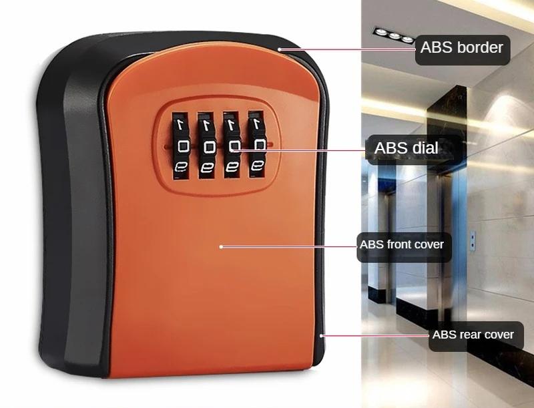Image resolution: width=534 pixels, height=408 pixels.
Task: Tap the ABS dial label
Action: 407,148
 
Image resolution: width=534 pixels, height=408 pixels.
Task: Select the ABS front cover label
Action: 401,244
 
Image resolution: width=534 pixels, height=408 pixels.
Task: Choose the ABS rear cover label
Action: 473,334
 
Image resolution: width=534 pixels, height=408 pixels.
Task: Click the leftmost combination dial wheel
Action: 181,146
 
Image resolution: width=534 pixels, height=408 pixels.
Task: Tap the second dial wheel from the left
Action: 208,146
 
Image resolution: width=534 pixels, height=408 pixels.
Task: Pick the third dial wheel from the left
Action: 233,146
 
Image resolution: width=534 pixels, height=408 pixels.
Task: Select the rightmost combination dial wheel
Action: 257,146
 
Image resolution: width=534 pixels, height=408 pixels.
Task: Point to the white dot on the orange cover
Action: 221,246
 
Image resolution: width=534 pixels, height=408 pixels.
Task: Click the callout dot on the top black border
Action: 281,49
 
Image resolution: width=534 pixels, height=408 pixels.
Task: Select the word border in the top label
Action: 479,48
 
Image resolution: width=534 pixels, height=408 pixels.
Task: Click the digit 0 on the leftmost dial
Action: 181,145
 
